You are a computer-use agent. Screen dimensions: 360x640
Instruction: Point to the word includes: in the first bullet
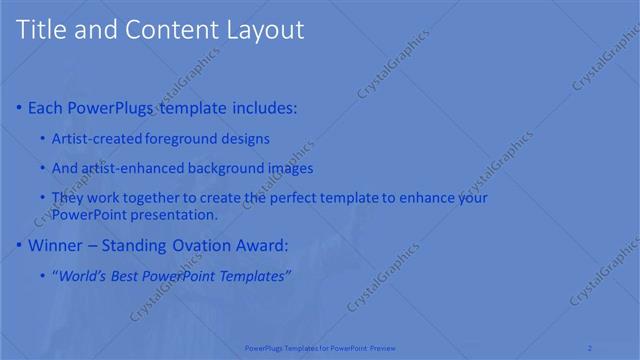(x=263, y=108)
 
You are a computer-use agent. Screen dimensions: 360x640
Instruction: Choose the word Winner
(x=56, y=245)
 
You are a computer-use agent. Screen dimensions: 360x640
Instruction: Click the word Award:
(x=261, y=245)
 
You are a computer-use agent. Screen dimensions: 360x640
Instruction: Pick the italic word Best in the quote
(x=125, y=275)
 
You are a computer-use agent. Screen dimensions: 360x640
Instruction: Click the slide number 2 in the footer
(x=590, y=348)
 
